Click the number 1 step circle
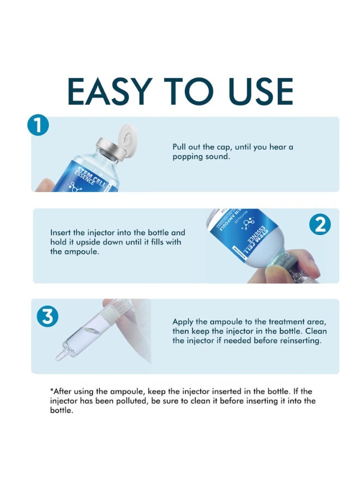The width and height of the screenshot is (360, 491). (x=38, y=125)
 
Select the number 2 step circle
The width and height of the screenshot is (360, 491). (x=320, y=225)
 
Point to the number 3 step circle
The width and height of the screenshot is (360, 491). (x=47, y=316)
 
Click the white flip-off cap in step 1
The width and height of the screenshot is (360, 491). (x=128, y=139)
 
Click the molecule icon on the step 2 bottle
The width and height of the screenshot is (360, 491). (x=249, y=224)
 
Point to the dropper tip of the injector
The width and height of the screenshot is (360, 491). (x=59, y=356)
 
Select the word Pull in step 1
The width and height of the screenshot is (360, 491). (x=179, y=147)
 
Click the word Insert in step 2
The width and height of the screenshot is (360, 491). (x=61, y=232)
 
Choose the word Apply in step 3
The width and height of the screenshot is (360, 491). (x=183, y=322)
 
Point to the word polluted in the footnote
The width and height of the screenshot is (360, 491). (x=131, y=401)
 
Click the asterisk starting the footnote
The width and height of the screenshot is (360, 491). (x=52, y=390)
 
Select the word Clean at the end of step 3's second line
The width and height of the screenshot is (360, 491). (x=316, y=331)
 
